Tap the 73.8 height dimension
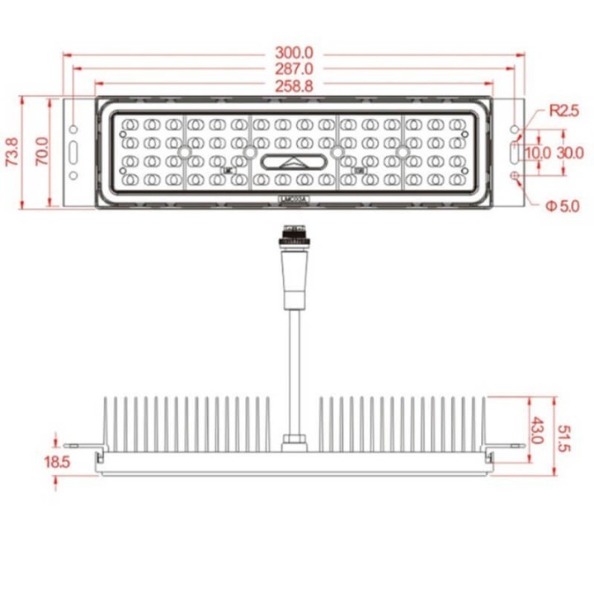12,152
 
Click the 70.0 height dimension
42,152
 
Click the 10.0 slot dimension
537,153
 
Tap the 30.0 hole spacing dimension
569,153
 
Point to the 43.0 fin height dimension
537,430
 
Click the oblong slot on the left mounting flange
74,153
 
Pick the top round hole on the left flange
74,130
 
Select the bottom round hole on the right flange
516,176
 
